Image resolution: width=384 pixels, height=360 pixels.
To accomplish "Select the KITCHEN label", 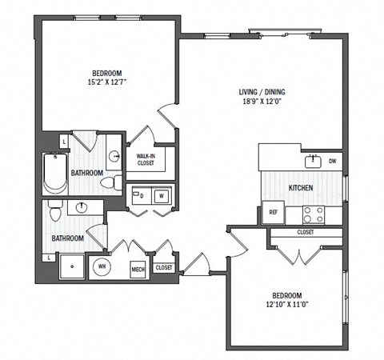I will pos(301,188).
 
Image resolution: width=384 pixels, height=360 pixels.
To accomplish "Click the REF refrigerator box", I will pos(272,213).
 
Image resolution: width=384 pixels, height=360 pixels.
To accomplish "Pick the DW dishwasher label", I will pos(331,161).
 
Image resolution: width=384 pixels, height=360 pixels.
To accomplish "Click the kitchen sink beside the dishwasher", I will pos(312,162).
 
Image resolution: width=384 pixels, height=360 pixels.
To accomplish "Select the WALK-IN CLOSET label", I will pos(146,160).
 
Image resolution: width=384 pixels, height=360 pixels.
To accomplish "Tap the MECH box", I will pos(137,268).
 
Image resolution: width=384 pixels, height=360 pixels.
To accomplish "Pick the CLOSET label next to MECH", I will pos(163,267).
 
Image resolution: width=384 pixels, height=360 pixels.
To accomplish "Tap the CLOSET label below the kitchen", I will pos(305,232).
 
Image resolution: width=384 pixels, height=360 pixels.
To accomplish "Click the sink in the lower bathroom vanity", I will pos(82,209).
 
